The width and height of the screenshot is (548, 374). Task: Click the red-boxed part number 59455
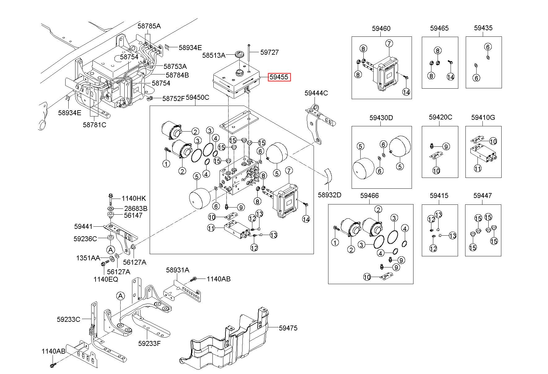click(280, 77)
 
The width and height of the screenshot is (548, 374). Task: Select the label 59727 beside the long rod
click(269, 52)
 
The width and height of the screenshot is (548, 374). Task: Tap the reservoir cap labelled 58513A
click(239, 55)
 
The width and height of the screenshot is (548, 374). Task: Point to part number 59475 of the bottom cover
click(288, 328)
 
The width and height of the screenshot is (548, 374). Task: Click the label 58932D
click(330, 195)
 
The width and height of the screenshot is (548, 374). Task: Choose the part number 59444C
click(316, 93)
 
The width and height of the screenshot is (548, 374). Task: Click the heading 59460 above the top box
click(381, 28)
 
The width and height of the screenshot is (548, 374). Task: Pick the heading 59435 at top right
click(483, 28)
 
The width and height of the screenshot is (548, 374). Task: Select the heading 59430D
click(381, 118)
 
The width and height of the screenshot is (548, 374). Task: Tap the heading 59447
click(482, 195)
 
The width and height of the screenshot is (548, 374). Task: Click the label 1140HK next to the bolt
click(134, 199)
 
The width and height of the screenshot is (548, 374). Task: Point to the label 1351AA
click(88, 258)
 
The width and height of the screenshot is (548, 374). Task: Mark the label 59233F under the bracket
click(149, 343)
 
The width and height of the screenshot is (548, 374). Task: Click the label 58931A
click(178, 270)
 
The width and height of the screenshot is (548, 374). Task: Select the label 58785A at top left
click(149, 26)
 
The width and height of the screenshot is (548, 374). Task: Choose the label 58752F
click(173, 99)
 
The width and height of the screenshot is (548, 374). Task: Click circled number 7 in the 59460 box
click(389, 43)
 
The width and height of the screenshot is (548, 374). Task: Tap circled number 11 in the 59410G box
click(477, 169)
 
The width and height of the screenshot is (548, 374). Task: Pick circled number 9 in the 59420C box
click(446, 146)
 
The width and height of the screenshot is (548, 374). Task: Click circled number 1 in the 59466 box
click(335, 243)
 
